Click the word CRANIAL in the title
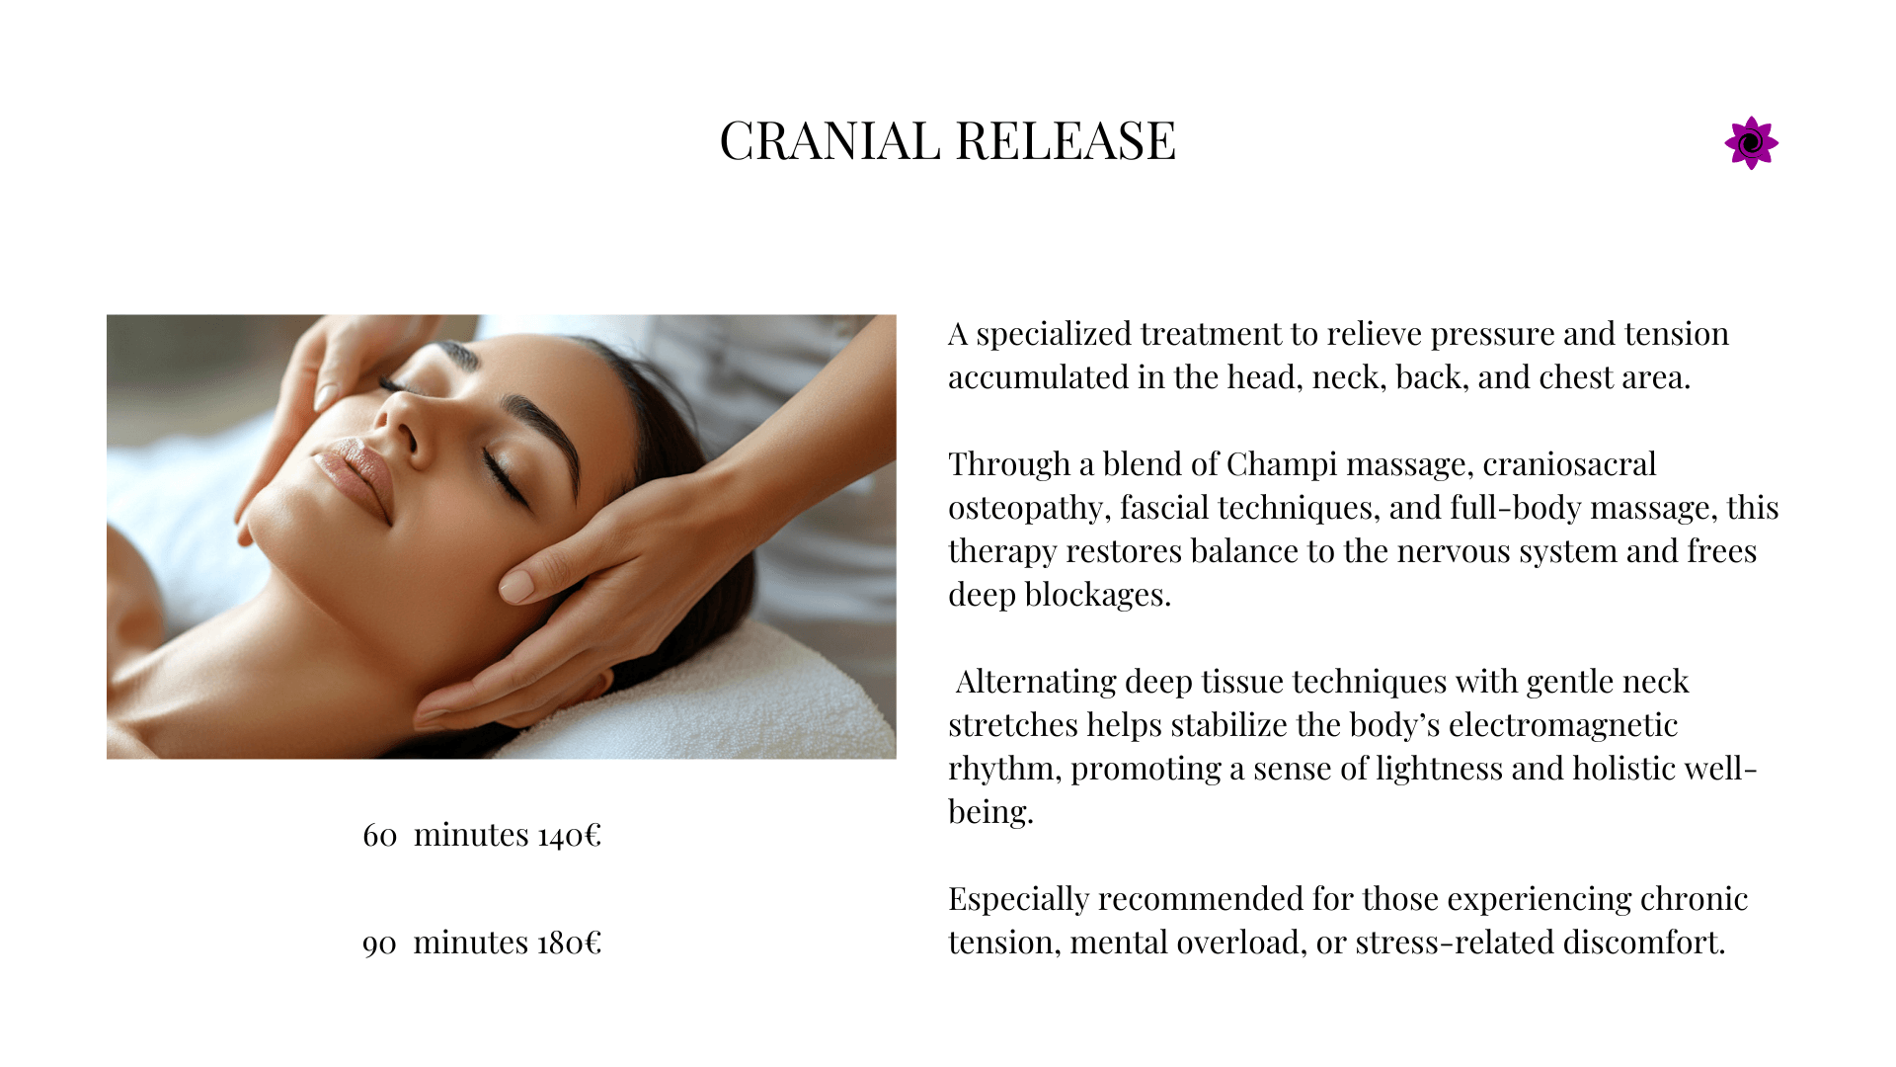coord(829,140)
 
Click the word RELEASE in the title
coord(1066,140)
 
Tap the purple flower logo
coord(1751,143)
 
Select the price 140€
coord(570,835)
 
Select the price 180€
coord(570,943)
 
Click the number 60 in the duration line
coord(379,836)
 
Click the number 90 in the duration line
coord(379,944)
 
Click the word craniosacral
coord(1569,464)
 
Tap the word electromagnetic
coord(1563,725)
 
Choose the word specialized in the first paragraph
coord(1054,335)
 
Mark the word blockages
coord(1097,595)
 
